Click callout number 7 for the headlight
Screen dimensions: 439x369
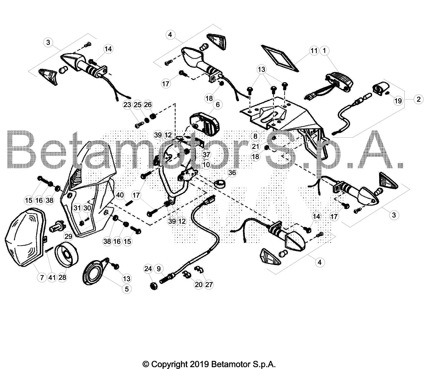42,277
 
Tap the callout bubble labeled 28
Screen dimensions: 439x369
62,277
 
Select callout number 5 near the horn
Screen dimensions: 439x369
127,289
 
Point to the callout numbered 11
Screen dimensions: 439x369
314,51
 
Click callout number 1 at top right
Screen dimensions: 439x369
325,51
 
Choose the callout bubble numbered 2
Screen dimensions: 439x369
419,99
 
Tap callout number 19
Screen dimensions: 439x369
398,101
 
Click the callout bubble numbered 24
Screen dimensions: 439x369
148,269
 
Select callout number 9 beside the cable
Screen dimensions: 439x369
159,269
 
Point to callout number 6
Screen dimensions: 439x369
218,105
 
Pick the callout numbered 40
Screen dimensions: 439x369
120,195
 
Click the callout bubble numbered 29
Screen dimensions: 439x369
68,236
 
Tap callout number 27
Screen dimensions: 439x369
209,284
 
